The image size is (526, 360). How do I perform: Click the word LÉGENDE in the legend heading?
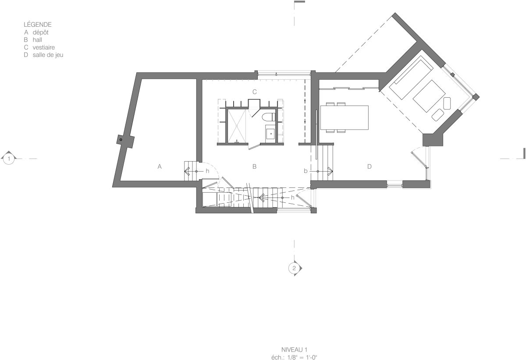pos(38,25)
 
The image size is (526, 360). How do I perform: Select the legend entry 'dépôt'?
pos(41,32)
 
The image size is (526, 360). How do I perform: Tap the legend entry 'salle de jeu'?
pos(48,55)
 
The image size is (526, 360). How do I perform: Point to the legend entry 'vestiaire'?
pos(44,47)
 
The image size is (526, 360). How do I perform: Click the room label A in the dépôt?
pos(160,166)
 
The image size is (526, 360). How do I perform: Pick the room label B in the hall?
pos(254,166)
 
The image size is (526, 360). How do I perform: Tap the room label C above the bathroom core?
pos(255,92)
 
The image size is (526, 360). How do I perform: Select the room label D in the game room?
pos(370,166)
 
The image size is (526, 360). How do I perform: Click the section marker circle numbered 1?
pos(9,159)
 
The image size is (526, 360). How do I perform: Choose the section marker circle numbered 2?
pos(294,268)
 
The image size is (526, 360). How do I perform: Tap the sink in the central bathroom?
pos(271,134)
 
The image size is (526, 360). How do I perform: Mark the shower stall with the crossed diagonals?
pos(237,126)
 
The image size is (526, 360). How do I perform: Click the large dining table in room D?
pos(345,117)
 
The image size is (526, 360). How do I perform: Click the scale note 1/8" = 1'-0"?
pos(302,357)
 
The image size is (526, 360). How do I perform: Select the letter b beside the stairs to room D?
pos(306,171)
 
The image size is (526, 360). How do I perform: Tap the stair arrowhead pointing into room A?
pos(187,171)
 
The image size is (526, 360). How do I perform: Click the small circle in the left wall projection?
pos(121,140)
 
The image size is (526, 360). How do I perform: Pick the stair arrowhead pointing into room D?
pos(331,171)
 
